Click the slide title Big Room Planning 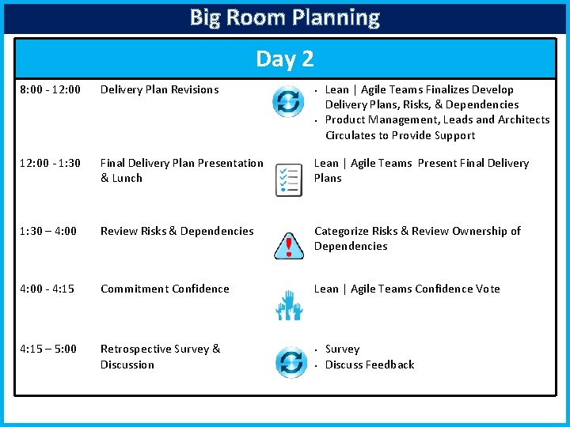[x=285, y=17]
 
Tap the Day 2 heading [x=285, y=59]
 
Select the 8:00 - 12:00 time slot [x=49, y=90]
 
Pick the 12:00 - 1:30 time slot [x=49, y=163]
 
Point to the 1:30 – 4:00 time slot [x=48, y=231]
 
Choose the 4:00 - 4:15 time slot [x=47, y=289]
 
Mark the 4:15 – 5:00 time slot [x=48, y=349]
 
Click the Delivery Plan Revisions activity [x=159, y=89]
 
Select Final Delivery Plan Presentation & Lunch [x=181, y=170]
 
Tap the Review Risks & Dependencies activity [x=177, y=231]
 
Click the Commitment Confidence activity [x=165, y=289]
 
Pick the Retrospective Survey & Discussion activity [x=160, y=357]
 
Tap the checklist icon [x=288, y=179]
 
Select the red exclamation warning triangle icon [x=289, y=245]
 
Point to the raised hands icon [x=289, y=304]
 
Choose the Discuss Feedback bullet [x=370, y=365]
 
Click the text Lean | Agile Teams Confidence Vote [x=407, y=289]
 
